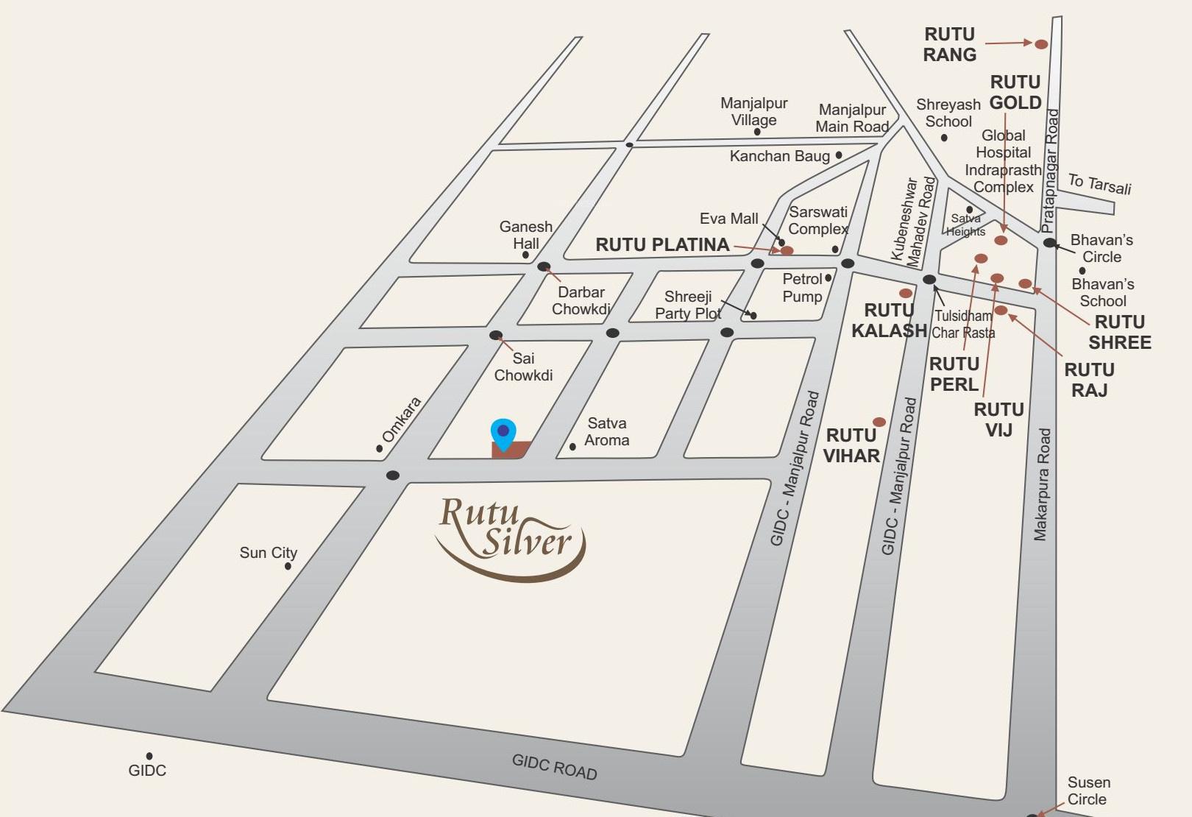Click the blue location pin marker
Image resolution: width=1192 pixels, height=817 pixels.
[x=503, y=434]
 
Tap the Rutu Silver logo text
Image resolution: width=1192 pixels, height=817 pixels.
[x=508, y=531]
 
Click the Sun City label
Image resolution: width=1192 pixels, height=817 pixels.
[x=268, y=553]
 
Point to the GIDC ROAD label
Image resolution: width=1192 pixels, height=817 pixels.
[x=554, y=767]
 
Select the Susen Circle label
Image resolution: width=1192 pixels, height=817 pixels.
[x=1088, y=791]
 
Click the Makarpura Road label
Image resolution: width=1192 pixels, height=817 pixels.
[x=1042, y=485]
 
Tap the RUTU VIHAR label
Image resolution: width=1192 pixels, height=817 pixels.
[x=851, y=445]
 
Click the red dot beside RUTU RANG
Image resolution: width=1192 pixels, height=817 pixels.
[x=1041, y=44]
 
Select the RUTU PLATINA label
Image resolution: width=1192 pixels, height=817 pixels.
[x=662, y=245]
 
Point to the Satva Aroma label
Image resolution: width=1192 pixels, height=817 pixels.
[x=606, y=432]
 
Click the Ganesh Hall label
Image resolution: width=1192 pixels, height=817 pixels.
[x=525, y=235]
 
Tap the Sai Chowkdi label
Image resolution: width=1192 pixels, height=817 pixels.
[x=523, y=367]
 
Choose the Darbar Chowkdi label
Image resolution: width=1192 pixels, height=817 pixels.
[x=581, y=300]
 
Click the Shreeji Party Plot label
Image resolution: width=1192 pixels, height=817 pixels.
[x=687, y=305]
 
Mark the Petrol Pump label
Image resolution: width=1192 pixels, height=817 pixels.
[x=802, y=288]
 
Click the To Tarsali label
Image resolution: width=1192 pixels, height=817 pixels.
[x=1099, y=183]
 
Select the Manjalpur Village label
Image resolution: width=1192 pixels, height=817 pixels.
[x=753, y=111]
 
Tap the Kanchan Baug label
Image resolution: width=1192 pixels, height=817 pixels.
[x=779, y=156]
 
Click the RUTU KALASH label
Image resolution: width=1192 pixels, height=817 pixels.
[x=888, y=320]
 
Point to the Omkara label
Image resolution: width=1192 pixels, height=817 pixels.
[x=401, y=420]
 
